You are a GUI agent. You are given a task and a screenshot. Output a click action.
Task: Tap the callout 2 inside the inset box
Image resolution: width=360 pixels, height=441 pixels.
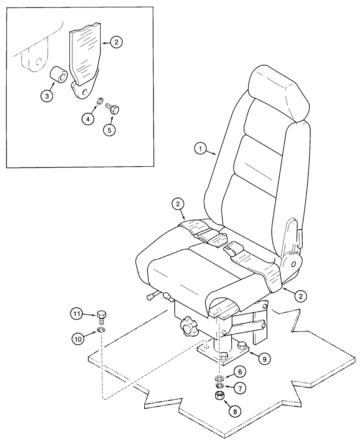coord(116,42)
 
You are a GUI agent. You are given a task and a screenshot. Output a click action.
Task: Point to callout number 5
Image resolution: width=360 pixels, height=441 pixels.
coord(109,131)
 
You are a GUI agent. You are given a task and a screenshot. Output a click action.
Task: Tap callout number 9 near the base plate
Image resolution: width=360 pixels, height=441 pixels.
coord(264,359)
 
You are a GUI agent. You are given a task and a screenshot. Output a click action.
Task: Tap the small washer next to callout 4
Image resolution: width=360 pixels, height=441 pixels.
coord(100,103)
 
